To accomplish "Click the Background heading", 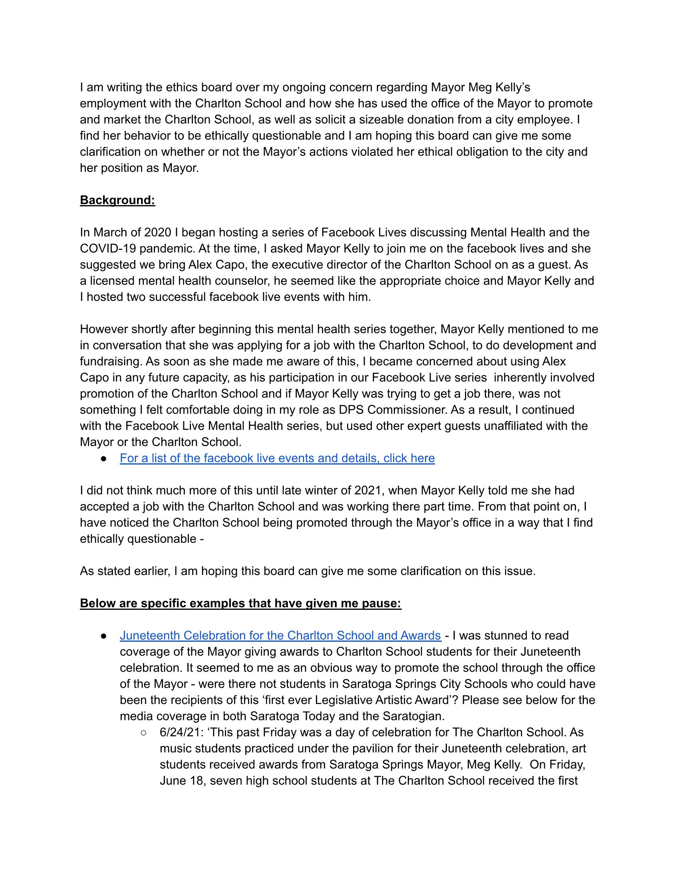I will pyautogui.click(x=117, y=200).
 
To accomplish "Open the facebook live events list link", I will pyautogui.click(x=277, y=458).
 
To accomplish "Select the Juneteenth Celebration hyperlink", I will pyautogui.click(x=280, y=635).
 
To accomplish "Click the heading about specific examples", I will pyautogui.click(x=240, y=603).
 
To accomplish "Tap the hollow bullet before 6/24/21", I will pyautogui.click(x=144, y=732).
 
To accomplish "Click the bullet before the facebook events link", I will pyautogui.click(x=104, y=459).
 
